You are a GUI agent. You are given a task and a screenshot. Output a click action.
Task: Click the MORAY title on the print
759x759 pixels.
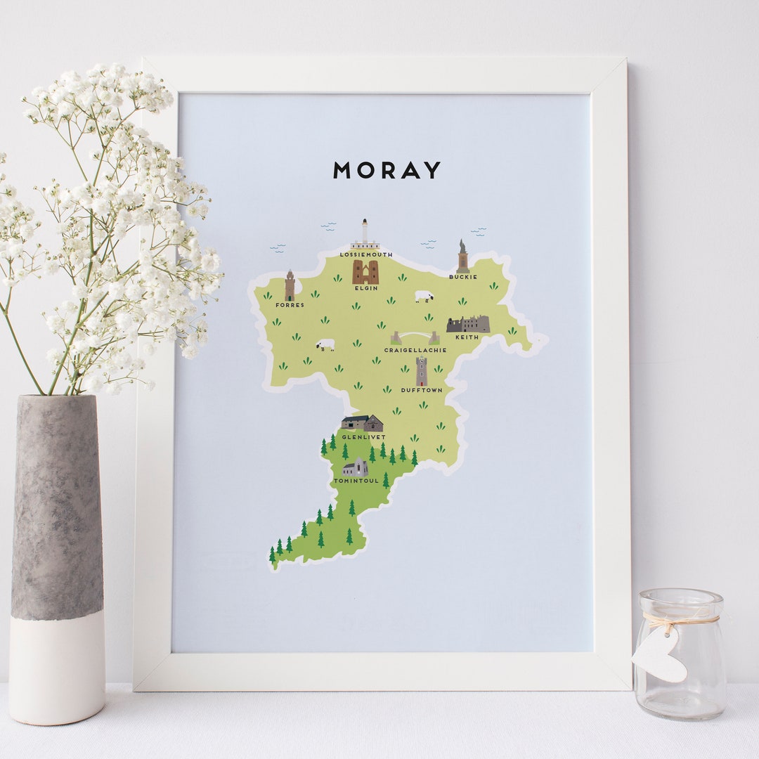tap(387, 170)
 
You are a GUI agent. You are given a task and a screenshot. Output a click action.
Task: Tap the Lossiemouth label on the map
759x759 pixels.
tap(365, 254)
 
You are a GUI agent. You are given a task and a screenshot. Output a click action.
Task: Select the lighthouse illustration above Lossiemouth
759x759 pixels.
tap(365, 235)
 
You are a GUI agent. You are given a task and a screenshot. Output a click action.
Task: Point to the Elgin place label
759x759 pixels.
tap(366, 288)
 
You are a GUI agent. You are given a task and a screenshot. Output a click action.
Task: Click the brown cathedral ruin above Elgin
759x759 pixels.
tap(365, 272)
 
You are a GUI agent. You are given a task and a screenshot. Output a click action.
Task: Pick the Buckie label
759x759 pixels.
tap(463, 277)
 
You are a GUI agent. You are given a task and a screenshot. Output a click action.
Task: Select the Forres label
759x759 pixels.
tap(290, 305)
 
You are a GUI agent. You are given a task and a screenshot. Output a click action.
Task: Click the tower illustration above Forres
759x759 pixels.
tap(290, 286)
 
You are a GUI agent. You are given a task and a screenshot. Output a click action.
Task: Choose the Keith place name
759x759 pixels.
tap(467, 337)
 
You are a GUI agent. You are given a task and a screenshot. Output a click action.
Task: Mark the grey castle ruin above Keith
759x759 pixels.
tap(468, 324)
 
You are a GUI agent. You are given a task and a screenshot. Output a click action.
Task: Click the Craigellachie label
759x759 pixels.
tap(415, 350)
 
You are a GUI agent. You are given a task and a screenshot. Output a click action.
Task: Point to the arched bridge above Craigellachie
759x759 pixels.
tap(415, 337)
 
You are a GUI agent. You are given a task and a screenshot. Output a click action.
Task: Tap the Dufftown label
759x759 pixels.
tap(422, 390)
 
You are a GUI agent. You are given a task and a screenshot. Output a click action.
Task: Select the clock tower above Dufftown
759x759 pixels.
tap(422, 371)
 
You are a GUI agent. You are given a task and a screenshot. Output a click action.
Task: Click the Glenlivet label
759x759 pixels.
tap(363, 437)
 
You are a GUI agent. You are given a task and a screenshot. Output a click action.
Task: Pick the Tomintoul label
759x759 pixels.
tap(356, 481)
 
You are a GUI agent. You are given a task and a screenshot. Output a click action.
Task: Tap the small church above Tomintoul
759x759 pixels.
tap(356, 467)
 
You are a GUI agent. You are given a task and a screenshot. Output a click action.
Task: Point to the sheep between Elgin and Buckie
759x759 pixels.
tap(424, 297)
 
